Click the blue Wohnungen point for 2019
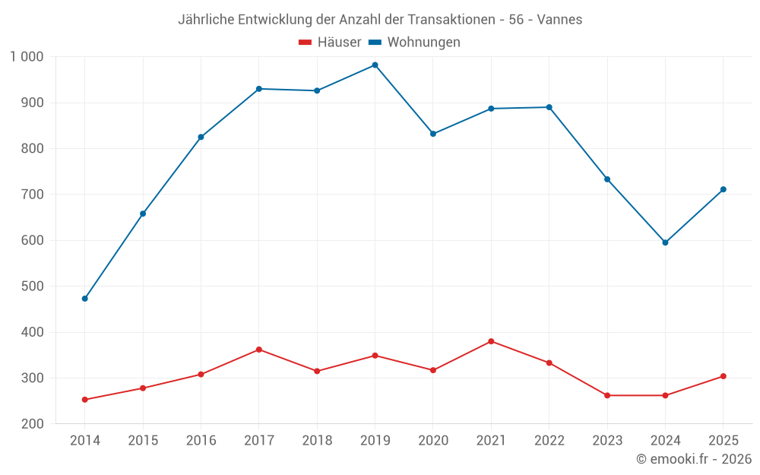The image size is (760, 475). (375, 65)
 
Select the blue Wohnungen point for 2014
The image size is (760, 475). (85, 299)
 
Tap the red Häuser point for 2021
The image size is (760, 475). (491, 341)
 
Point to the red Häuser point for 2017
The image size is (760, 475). (259, 350)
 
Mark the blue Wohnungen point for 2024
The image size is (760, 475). (665, 242)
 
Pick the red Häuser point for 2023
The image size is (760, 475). (607, 395)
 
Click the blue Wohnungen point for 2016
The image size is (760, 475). (201, 137)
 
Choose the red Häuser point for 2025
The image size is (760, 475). (724, 376)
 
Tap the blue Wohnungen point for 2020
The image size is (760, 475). (433, 134)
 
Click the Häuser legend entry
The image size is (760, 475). (330, 42)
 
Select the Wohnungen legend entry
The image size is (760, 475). (414, 42)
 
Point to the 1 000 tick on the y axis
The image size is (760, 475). (27, 57)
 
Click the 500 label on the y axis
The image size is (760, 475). (33, 286)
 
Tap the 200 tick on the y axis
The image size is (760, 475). (33, 423)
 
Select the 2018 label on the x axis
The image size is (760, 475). (317, 440)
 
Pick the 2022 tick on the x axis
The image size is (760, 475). (549, 440)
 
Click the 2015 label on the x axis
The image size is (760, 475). (143, 440)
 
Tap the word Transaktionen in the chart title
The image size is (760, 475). (451, 20)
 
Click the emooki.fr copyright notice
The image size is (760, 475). (694, 458)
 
